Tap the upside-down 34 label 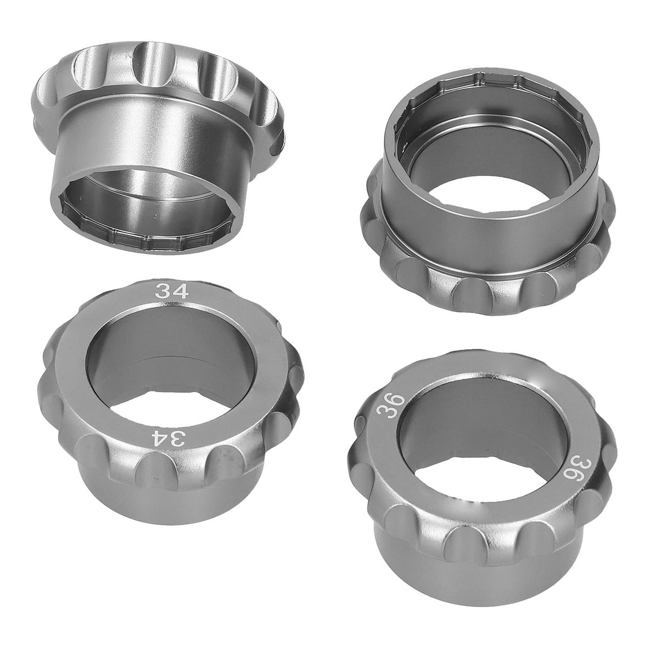tap(167, 438)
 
